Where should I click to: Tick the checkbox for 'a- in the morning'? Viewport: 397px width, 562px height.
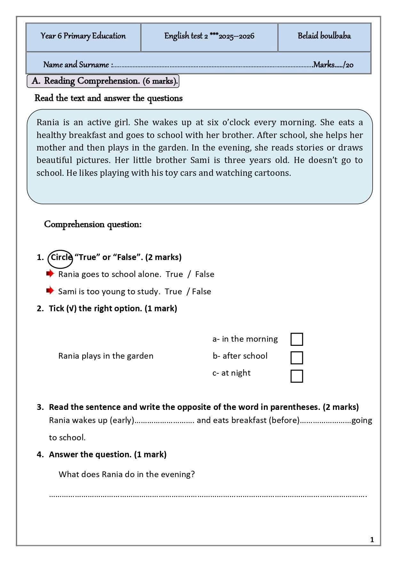pyautogui.click(x=297, y=339)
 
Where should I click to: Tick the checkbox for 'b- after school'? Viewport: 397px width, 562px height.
pyautogui.click(x=297, y=358)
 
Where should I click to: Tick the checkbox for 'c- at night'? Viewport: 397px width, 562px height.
pyautogui.click(x=297, y=376)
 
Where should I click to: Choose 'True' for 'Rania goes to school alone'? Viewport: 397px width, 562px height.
pyautogui.click(x=174, y=274)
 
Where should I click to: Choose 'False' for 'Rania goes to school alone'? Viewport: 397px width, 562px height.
pyautogui.click(x=205, y=274)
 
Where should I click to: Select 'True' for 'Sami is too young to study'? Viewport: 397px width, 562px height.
pyautogui.click(x=173, y=292)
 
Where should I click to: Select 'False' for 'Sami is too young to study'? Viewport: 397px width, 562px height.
pyautogui.click(x=202, y=292)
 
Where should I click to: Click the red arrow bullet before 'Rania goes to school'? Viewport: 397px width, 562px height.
pyautogui.click(x=50, y=274)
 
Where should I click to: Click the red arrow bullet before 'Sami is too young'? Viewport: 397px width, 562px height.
pyautogui.click(x=50, y=291)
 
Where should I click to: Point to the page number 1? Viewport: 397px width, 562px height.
pyautogui.click(x=372, y=540)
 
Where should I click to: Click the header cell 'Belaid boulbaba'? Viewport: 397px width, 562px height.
pyautogui.click(x=324, y=36)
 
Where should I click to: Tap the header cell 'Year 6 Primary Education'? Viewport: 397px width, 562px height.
pyautogui.click(x=83, y=36)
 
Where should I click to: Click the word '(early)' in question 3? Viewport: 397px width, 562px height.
pyautogui.click(x=122, y=420)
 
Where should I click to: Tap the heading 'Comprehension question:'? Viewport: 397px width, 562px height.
pyautogui.click(x=93, y=224)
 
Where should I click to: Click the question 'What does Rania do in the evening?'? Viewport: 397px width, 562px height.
pyautogui.click(x=127, y=475)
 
